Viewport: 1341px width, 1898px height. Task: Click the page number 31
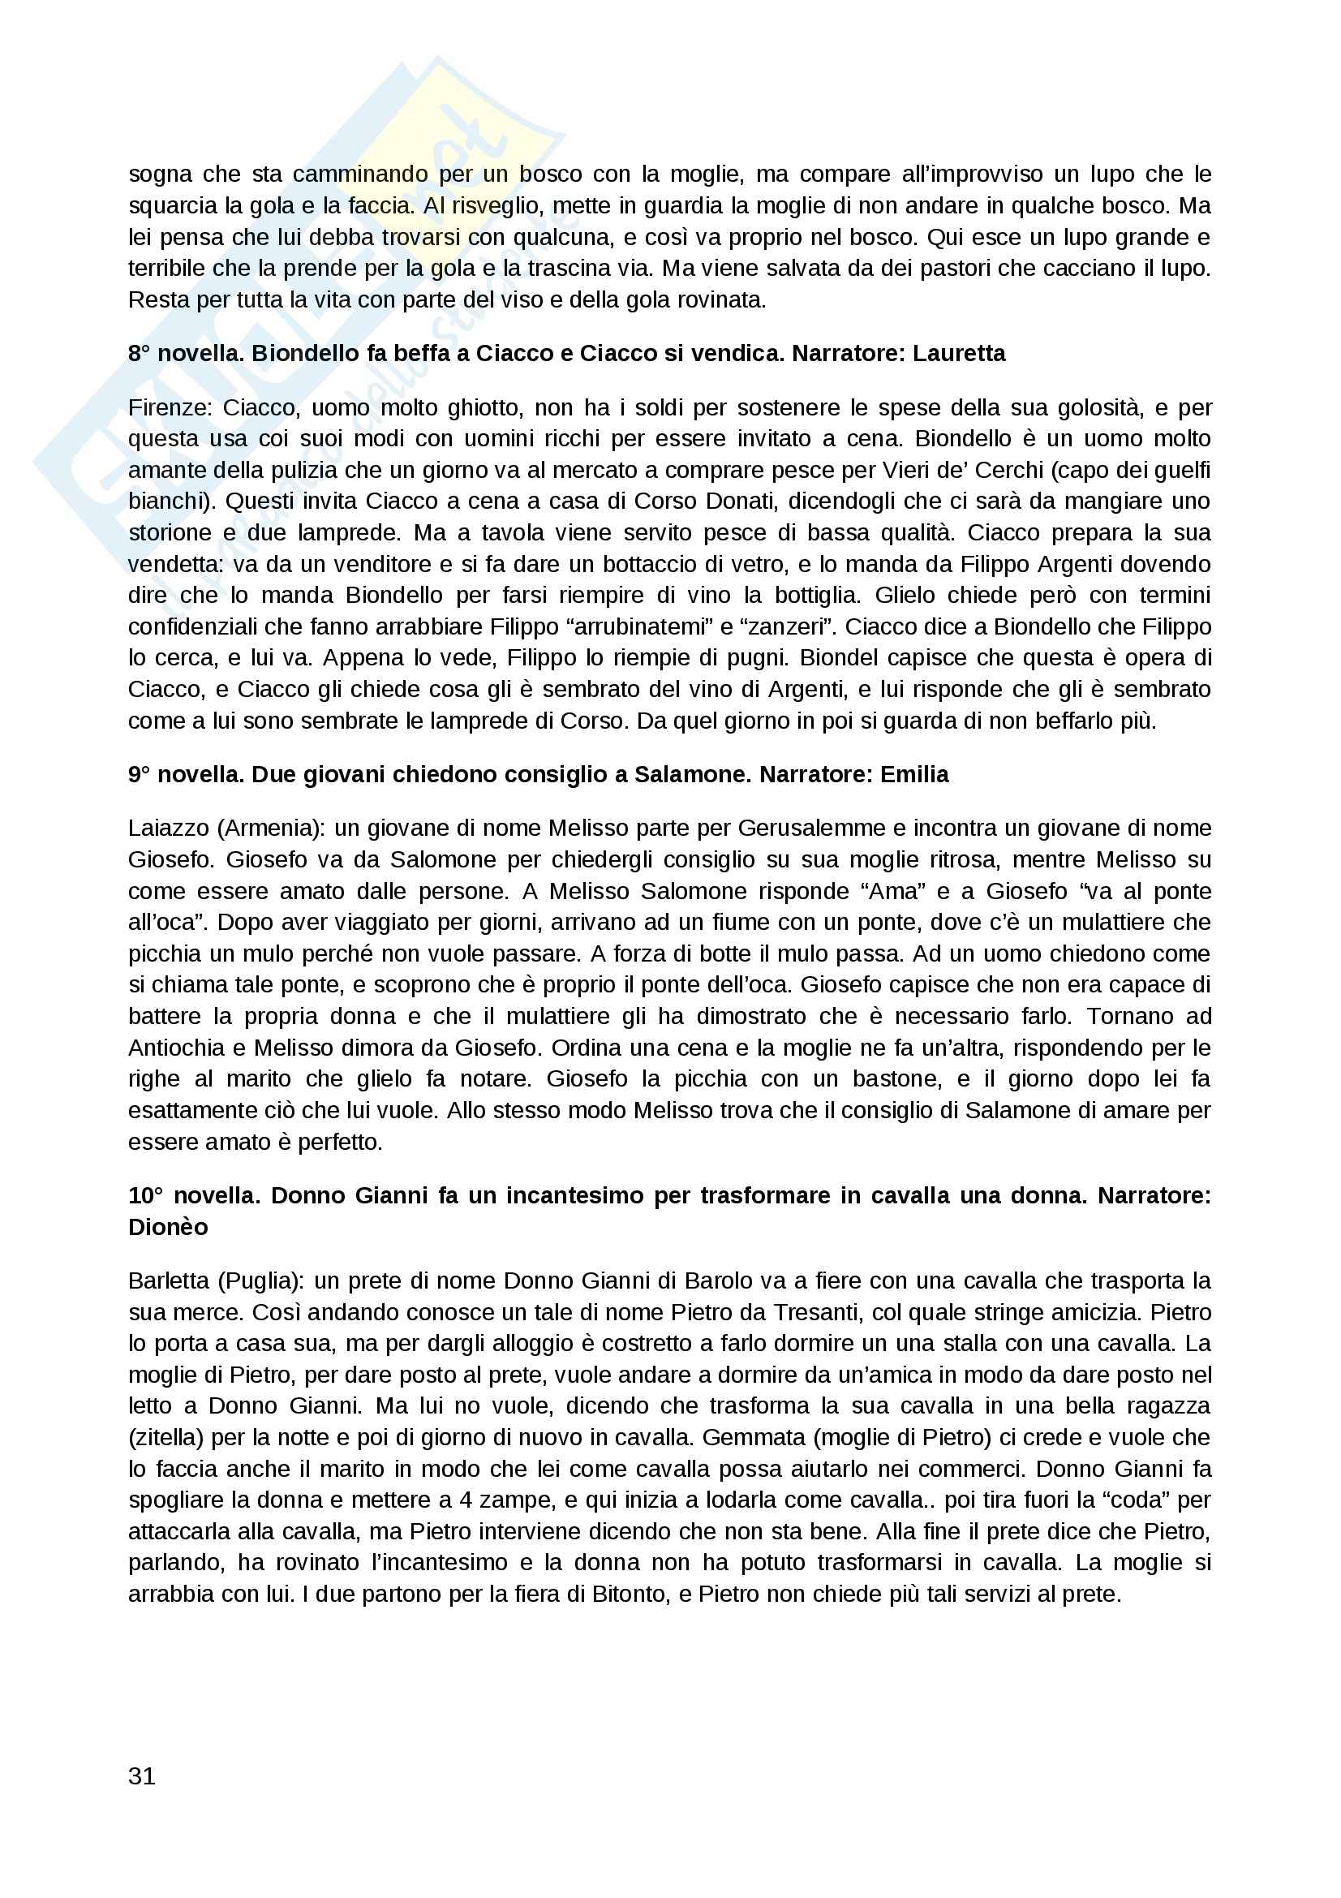coord(141,1775)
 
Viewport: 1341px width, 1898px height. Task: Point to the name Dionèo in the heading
coord(168,1227)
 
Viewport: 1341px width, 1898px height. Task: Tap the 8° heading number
coord(139,353)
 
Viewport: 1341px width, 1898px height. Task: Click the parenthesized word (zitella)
coord(166,1437)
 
